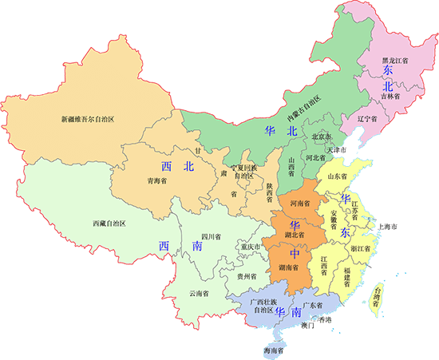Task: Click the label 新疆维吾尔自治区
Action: [x=89, y=119]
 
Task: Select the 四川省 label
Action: [x=210, y=236]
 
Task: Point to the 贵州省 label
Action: [x=247, y=275]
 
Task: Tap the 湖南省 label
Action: [x=289, y=267]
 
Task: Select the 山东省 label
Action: [x=338, y=176]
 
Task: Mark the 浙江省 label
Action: [x=359, y=248]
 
